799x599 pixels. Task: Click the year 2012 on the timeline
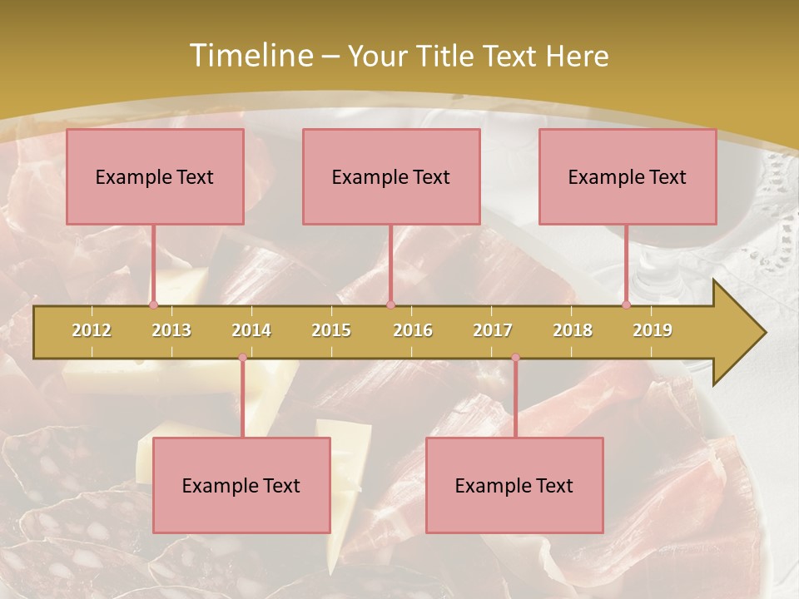click(x=92, y=330)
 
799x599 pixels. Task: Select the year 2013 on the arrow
click(x=171, y=330)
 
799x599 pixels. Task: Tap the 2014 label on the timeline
click(x=251, y=330)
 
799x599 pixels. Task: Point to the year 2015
click(x=331, y=330)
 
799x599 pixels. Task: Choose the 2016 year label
click(x=413, y=330)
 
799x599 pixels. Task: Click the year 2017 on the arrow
click(x=493, y=330)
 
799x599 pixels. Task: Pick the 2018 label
click(x=573, y=330)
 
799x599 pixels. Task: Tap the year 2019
click(x=653, y=330)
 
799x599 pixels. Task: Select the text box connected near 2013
click(x=155, y=176)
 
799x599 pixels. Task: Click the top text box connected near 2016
click(x=391, y=176)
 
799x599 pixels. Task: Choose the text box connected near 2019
click(x=628, y=176)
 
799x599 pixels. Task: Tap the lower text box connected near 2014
click(x=241, y=485)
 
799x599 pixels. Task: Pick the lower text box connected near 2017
click(x=514, y=485)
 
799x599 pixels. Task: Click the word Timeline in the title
click(x=250, y=56)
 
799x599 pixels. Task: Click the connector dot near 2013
click(x=153, y=304)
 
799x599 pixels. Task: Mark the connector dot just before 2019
click(x=626, y=304)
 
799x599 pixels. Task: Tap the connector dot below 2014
click(x=242, y=358)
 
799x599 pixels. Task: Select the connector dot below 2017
click(x=515, y=358)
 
